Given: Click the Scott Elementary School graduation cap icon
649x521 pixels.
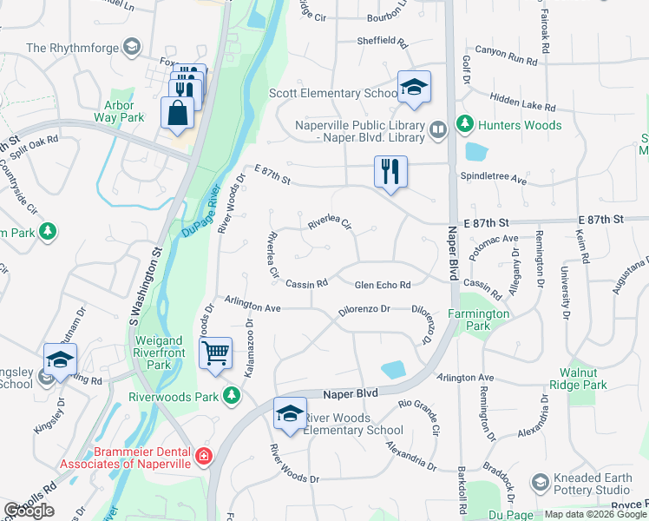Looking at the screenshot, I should pyautogui.click(x=415, y=87).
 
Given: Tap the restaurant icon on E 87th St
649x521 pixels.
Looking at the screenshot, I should pyautogui.click(x=390, y=170).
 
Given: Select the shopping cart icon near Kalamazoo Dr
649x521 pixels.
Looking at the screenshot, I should pyautogui.click(x=215, y=353).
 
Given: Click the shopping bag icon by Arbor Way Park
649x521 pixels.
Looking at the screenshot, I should pyautogui.click(x=177, y=113).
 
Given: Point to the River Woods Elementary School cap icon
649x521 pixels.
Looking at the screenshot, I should pyautogui.click(x=290, y=414).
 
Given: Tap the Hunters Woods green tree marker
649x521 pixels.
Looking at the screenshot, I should pyautogui.click(x=464, y=125).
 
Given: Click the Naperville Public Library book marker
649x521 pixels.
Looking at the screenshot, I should pyautogui.click(x=439, y=131).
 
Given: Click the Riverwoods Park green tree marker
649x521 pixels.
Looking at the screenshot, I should pyautogui.click(x=232, y=396).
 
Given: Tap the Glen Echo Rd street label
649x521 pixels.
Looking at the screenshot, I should pyautogui.click(x=382, y=285).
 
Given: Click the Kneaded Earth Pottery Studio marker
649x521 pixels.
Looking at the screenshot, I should pyautogui.click(x=540, y=481).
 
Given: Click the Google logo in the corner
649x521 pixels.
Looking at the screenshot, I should pyautogui.click(x=29, y=511).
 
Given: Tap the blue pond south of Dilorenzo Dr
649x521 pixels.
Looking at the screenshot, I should pyautogui.click(x=392, y=369).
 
